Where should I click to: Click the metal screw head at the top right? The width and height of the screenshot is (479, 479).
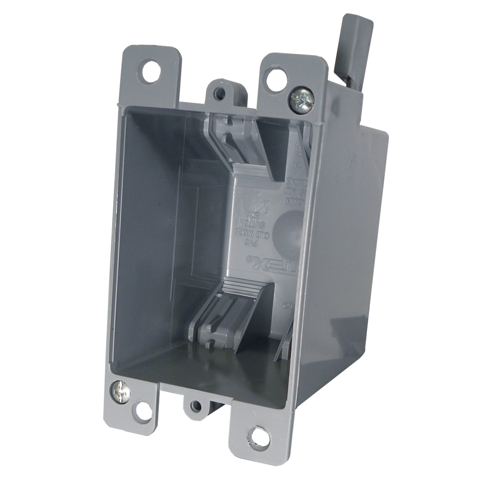point(302,99)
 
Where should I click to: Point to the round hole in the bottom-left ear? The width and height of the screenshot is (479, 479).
point(143,411)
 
